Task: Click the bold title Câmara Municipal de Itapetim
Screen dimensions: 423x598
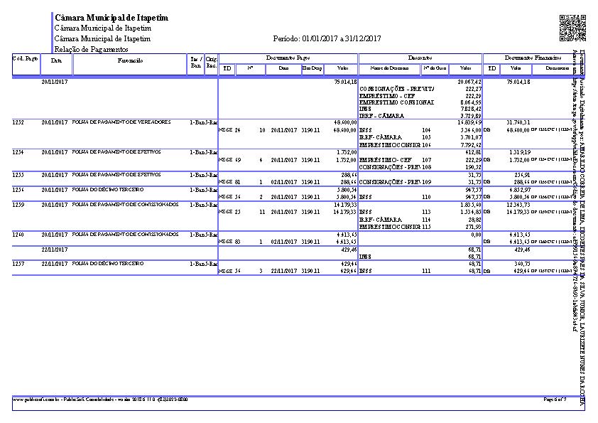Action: coord(112,17)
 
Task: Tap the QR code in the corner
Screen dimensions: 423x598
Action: coord(572,28)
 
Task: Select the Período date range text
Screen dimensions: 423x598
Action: coord(327,38)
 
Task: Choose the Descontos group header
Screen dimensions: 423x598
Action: coord(420,57)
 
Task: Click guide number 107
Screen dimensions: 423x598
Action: coord(427,160)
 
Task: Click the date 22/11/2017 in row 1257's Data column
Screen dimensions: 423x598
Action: coord(54,263)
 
